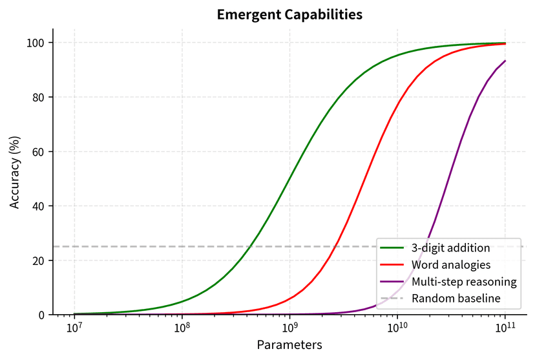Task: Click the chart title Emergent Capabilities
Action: (x=289, y=14)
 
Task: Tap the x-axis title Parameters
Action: (x=289, y=344)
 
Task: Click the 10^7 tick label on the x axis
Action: (x=75, y=328)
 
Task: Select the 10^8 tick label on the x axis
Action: (x=182, y=328)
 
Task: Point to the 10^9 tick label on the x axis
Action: (x=289, y=328)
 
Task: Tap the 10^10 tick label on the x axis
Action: (x=397, y=328)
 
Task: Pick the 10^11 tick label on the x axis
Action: (x=505, y=328)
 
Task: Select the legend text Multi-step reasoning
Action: (x=464, y=282)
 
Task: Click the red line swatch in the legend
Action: (x=392, y=264)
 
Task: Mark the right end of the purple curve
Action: (x=505, y=61)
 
